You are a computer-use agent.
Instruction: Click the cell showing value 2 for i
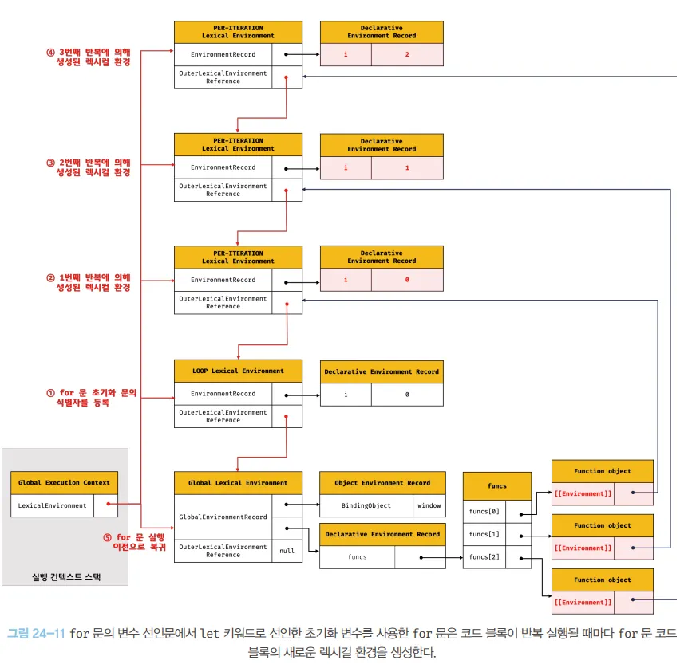coord(406,55)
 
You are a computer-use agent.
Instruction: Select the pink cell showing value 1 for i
coord(406,168)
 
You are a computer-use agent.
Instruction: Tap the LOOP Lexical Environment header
coord(238,371)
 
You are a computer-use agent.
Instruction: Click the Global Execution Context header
coord(64,482)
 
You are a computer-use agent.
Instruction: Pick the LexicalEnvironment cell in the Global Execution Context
coord(53,505)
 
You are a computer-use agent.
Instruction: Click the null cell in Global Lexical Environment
coord(287,551)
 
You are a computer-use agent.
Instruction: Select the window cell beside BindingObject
coord(429,505)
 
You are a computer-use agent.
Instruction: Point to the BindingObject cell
coord(366,505)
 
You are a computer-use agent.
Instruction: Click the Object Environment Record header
coord(382,482)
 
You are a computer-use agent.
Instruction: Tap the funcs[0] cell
coord(484,512)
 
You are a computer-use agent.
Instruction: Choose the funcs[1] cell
coord(484,534)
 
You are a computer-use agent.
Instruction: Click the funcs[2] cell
coord(484,556)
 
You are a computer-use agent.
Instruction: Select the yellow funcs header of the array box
coord(496,485)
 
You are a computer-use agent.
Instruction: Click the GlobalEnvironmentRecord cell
coord(223,517)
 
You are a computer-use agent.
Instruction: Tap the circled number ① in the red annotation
coord(50,393)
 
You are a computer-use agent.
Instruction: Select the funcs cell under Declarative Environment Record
coord(357,556)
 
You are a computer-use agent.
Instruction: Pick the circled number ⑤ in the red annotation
coord(107,537)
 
